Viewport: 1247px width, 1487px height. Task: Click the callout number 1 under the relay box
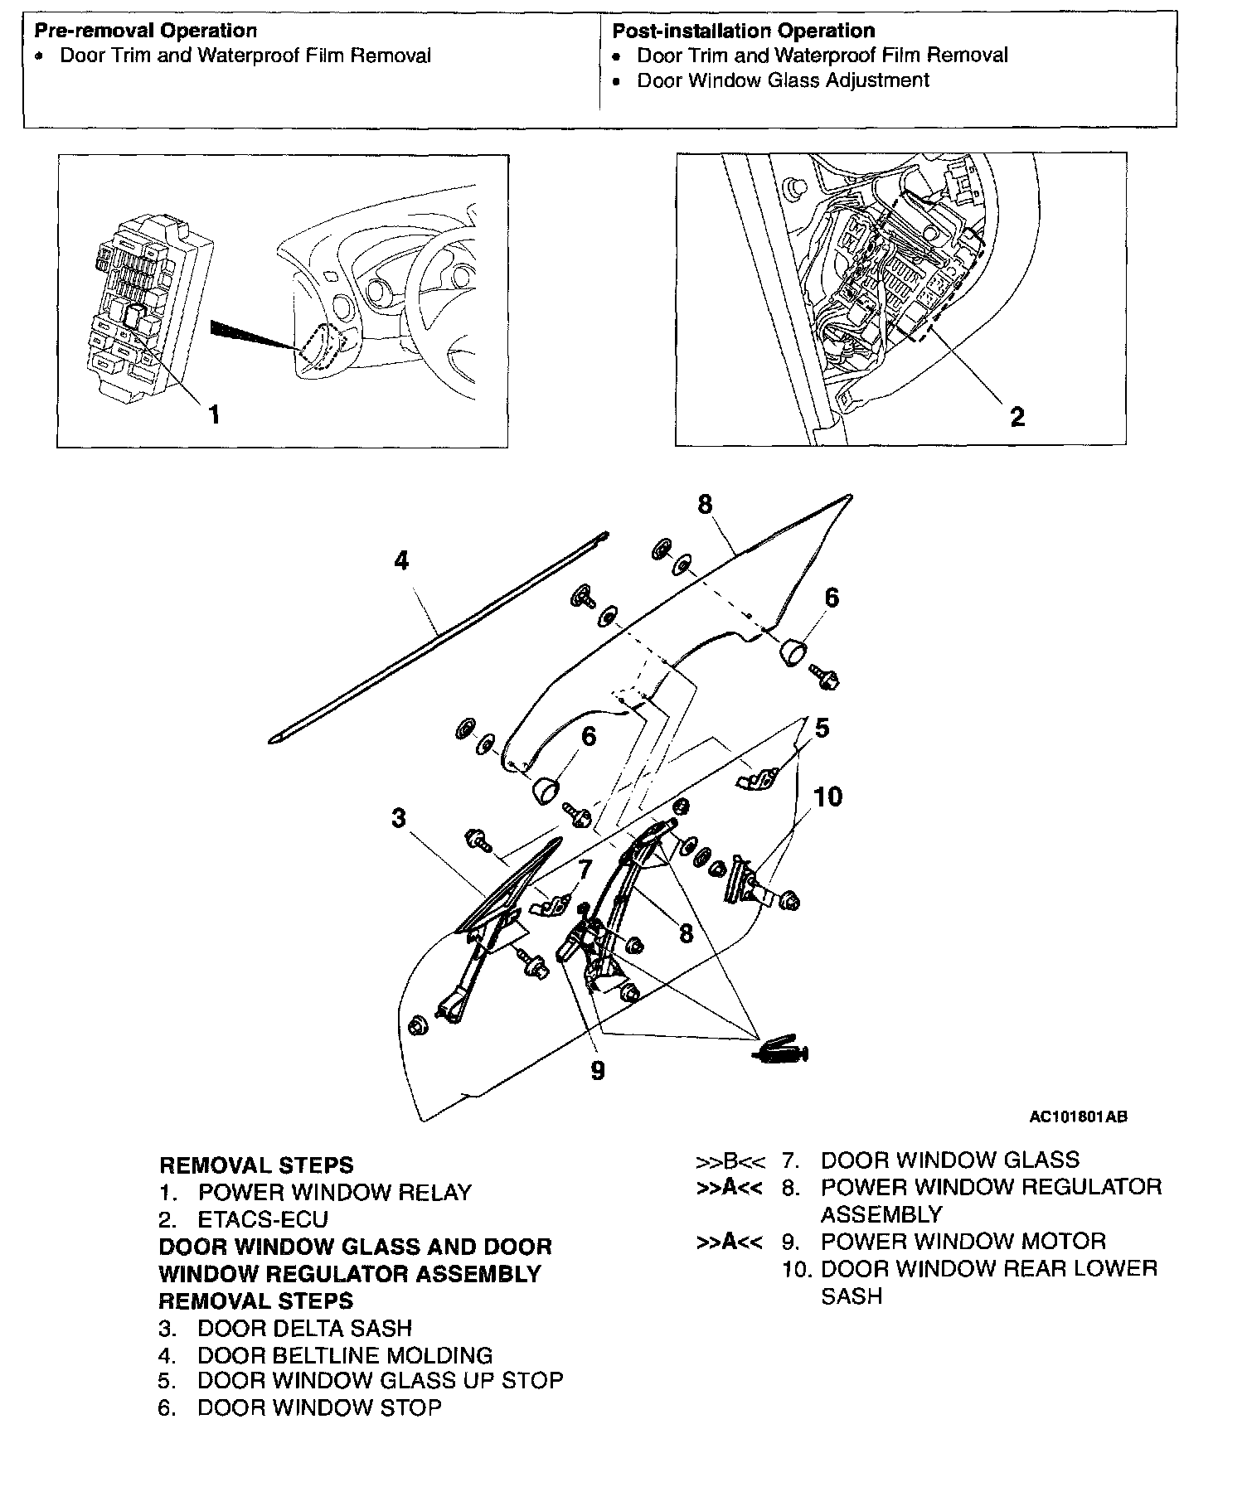point(214,414)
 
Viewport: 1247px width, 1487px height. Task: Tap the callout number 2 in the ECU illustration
point(1017,416)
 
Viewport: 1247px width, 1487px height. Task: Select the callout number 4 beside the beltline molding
point(401,561)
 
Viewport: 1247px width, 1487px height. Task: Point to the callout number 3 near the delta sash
point(399,818)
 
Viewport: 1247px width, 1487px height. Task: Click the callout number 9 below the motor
point(598,1071)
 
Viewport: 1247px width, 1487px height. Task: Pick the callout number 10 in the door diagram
point(827,797)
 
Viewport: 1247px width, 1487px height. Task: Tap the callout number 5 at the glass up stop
point(822,729)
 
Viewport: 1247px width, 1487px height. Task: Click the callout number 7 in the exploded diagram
point(585,869)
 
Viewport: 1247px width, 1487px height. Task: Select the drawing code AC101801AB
point(1078,1116)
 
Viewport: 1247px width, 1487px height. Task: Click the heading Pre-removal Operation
point(146,31)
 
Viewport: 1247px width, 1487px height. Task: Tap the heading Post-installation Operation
point(743,31)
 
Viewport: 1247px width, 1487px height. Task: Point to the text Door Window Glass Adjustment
point(783,80)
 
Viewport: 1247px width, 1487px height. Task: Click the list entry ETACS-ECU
point(262,1219)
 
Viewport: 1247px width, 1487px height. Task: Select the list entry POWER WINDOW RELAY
point(334,1192)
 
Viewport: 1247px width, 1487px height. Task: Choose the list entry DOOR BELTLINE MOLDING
point(344,1355)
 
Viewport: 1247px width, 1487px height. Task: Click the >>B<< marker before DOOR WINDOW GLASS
point(730,1160)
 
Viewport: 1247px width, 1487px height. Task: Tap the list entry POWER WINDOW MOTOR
point(963,1241)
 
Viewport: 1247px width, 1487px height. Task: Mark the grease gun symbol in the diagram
point(782,1051)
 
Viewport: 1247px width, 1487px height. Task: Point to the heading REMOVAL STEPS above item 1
point(256,1165)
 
